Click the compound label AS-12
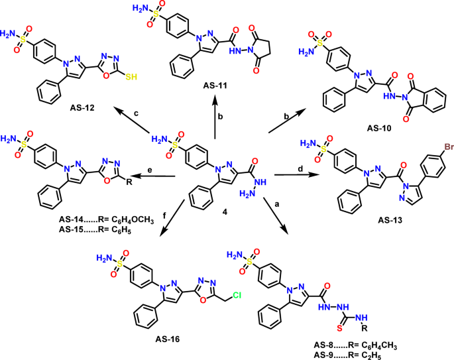point(88,107)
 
